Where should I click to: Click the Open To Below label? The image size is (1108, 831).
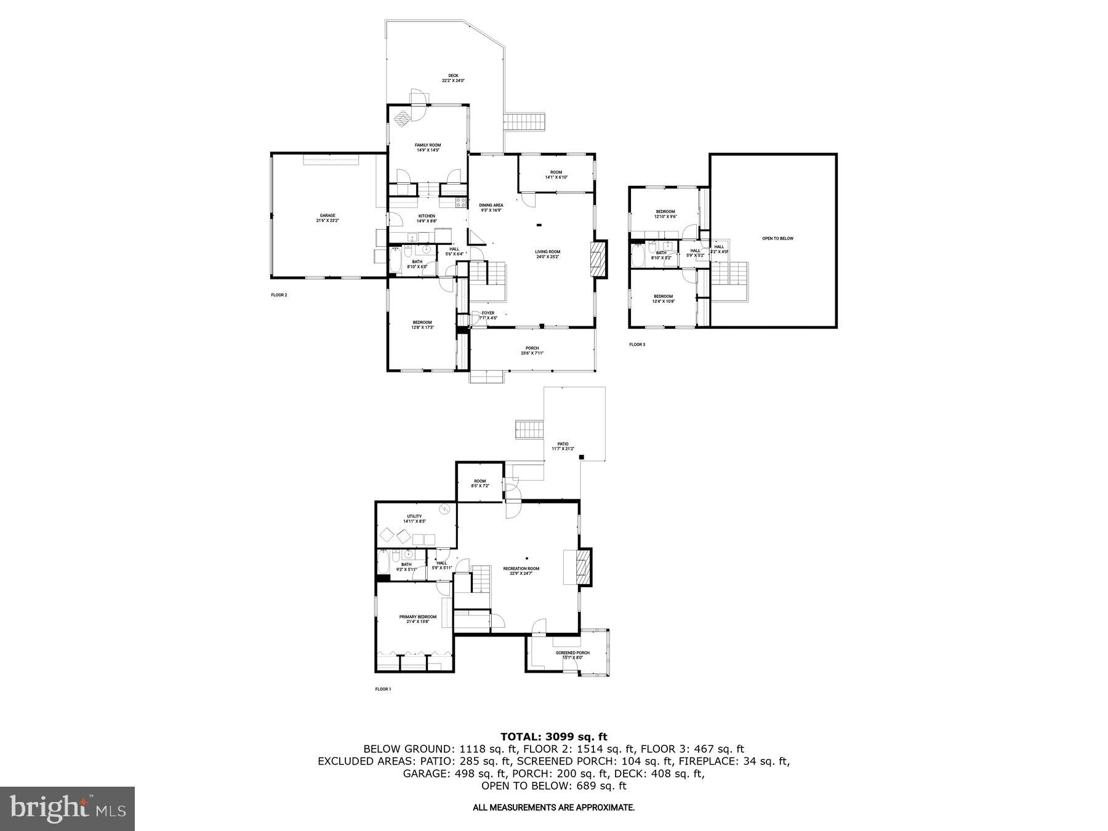tap(778, 238)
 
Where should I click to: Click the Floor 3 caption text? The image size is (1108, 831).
tap(637, 345)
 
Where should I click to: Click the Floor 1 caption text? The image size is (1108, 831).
tap(383, 689)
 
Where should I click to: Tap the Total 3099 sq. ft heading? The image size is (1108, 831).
tap(553, 736)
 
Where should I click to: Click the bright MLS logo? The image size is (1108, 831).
tap(67, 808)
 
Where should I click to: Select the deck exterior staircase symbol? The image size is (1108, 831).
tap(526, 121)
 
